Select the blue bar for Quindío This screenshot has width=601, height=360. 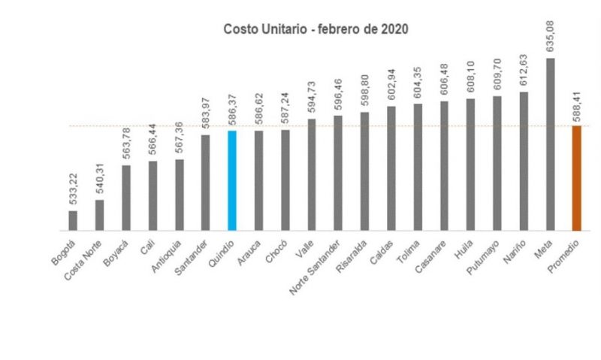pos(232,180)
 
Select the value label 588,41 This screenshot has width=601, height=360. pos(577,106)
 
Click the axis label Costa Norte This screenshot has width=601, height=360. pos(83,259)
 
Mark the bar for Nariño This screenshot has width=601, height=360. pos(524,161)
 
